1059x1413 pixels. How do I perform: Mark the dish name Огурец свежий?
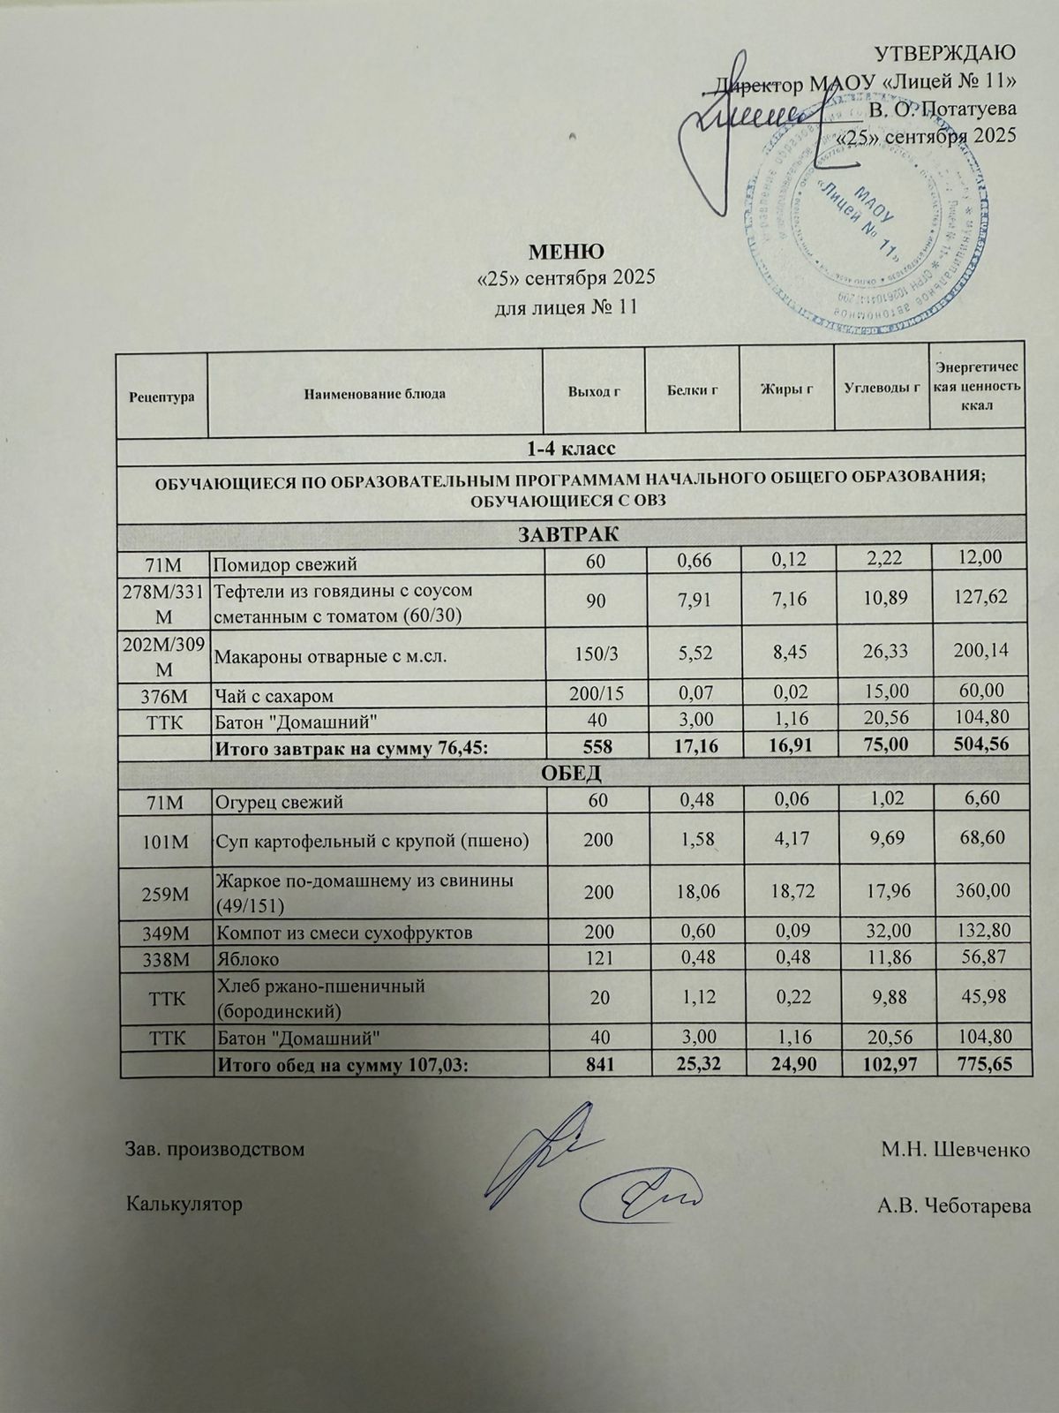[280, 802]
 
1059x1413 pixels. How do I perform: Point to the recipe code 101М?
[163, 842]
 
